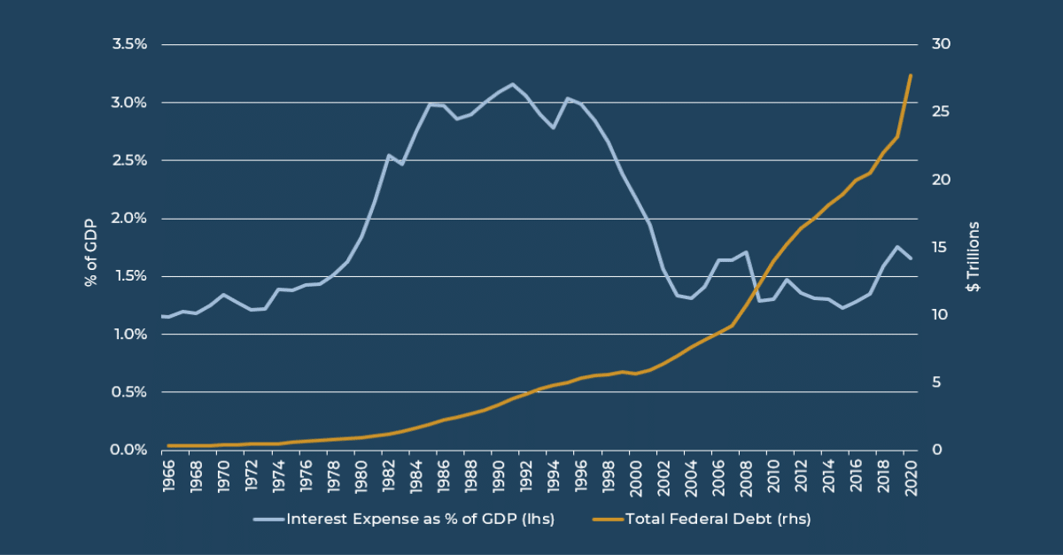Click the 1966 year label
click(x=167, y=476)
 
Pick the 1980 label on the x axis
click(x=360, y=476)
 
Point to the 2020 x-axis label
click(x=910, y=476)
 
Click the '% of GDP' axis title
click(x=90, y=247)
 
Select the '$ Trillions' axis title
click(x=973, y=257)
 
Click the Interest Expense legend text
click(x=420, y=520)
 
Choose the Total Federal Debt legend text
click(x=718, y=520)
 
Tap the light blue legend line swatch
click(x=268, y=520)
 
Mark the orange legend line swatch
click(x=607, y=520)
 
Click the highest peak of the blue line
click(x=513, y=84)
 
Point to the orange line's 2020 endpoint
click(x=911, y=75)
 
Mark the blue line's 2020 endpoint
click(x=911, y=258)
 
